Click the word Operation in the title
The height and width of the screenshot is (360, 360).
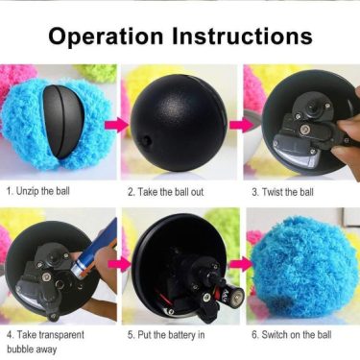tap(106, 36)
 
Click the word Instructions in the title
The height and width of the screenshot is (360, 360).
tap(242, 36)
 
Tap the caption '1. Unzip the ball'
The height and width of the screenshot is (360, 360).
tap(38, 191)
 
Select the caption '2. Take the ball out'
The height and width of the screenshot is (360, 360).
tap(165, 192)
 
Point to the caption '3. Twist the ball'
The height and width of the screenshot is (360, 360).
tap(282, 192)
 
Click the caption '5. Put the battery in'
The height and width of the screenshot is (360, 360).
tap(166, 335)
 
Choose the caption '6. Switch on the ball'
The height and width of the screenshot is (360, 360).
tap(292, 335)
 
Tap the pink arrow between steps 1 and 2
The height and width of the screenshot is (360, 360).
tap(117, 125)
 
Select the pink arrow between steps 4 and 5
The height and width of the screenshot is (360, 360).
tap(119, 265)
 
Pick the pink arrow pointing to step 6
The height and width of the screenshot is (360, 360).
tap(242, 264)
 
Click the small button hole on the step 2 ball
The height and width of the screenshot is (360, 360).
tap(147, 139)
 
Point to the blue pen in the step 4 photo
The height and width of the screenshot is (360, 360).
tap(95, 248)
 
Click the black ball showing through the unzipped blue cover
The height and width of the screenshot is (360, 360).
tap(64, 122)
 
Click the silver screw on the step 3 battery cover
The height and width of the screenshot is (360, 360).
tap(304, 130)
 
